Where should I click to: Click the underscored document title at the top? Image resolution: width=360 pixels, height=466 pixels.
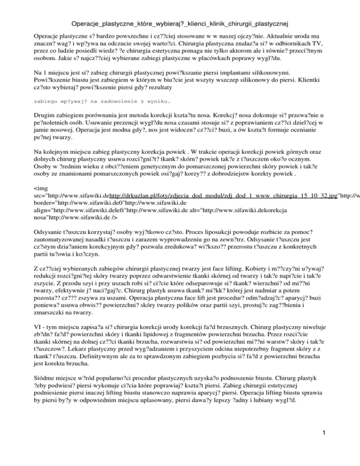[x=180, y=22]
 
